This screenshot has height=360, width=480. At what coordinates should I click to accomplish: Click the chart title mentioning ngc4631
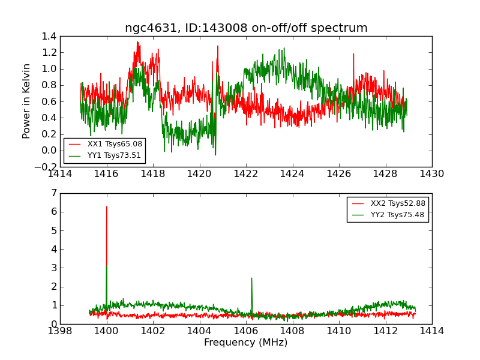coord(246,28)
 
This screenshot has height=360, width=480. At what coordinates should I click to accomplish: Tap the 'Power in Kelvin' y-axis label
coord(27,101)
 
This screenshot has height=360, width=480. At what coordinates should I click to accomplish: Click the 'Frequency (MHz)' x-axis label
coord(246,343)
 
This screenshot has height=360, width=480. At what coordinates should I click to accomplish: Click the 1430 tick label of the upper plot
coord(431,174)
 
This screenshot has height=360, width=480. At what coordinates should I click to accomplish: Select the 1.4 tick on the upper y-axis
coord(49,37)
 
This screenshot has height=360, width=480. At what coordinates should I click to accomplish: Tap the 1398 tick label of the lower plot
coord(61,331)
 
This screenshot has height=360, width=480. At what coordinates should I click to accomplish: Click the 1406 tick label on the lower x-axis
coord(245,331)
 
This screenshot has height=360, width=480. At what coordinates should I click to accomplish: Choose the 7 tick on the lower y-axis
coord(54,193)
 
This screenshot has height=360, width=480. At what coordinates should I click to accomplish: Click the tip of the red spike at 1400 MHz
coord(107,206)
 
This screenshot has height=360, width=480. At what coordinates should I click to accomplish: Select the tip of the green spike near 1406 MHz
coord(251,278)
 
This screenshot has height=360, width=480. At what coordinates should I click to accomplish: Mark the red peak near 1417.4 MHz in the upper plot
coord(137,42)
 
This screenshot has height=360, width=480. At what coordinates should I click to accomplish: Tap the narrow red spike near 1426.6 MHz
coord(353,54)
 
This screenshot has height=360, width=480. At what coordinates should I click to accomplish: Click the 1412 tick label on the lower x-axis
coord(385,331)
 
